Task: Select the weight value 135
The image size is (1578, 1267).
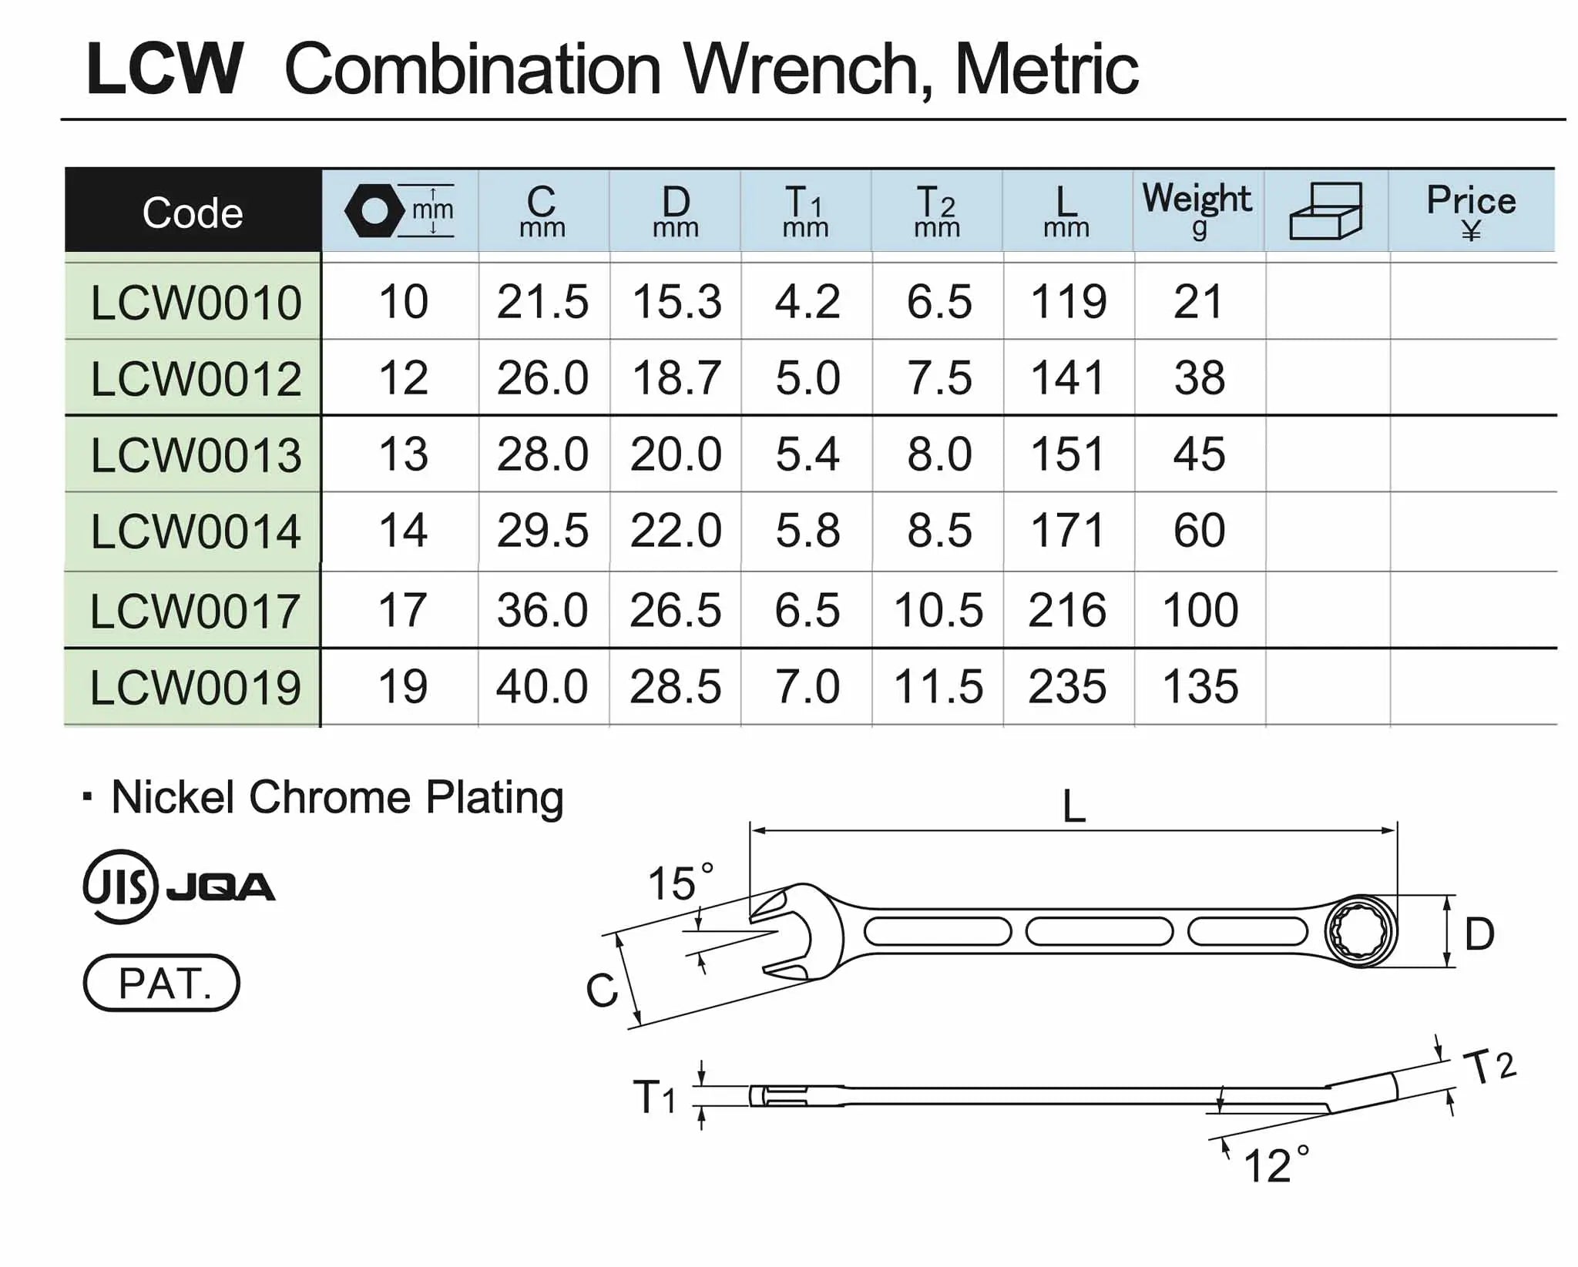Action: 1200,686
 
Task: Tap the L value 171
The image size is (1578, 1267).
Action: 1068,531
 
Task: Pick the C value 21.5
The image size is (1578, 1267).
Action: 542,301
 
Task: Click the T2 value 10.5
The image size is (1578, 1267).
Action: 938,610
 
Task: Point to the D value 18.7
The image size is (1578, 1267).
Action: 677,377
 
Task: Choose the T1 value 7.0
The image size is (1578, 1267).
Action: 807,686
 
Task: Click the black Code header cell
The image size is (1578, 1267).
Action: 193,210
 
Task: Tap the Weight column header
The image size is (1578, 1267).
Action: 1197,209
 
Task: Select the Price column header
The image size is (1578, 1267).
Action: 1471,210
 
